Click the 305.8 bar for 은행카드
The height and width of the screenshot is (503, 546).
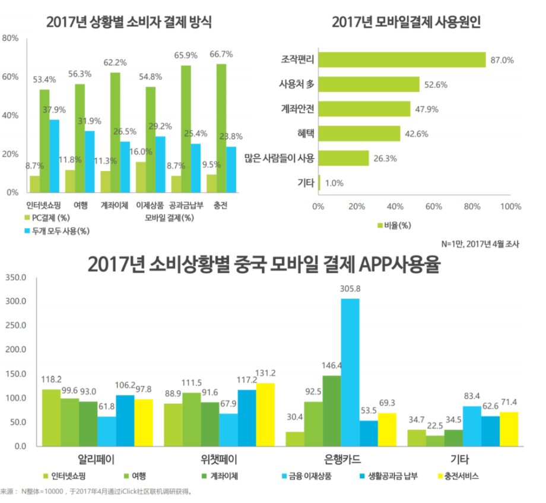[x=350, y=372]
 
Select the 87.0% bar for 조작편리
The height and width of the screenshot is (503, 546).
[x=402, y=60]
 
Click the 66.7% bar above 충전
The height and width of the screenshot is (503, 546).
[x=221, y=128]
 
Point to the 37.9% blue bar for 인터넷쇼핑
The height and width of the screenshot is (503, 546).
[x=54, y=156]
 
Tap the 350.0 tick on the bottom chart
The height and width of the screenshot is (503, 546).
[x=16, y=277]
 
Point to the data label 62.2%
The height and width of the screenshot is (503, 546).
[x=115, y=62]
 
